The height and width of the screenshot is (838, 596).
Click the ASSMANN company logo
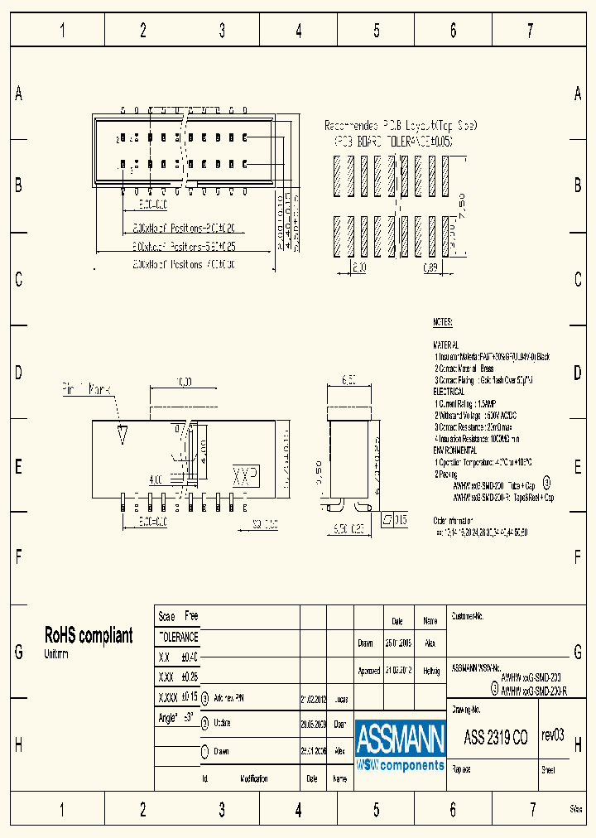(401, 746)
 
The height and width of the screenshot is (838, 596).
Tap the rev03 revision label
(552, 735)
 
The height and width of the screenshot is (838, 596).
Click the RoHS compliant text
(88, 636)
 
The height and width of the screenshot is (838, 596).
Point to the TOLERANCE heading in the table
(178, 637)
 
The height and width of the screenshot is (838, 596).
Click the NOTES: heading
(443, 322)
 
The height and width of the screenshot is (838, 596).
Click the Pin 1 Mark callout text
(86, 388)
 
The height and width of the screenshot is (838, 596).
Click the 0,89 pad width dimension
(430, 267)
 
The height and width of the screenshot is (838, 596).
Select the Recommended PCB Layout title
(401, 125)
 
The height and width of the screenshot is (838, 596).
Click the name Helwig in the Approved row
(430, 670)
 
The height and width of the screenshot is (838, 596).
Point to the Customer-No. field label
(467, 617)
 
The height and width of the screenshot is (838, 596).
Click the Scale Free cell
(178, 617)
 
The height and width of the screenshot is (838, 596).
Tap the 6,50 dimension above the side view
(348, 382)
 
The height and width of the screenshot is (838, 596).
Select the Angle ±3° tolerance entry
(175, 718)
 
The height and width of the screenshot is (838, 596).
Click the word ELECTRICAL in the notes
(449, 389)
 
